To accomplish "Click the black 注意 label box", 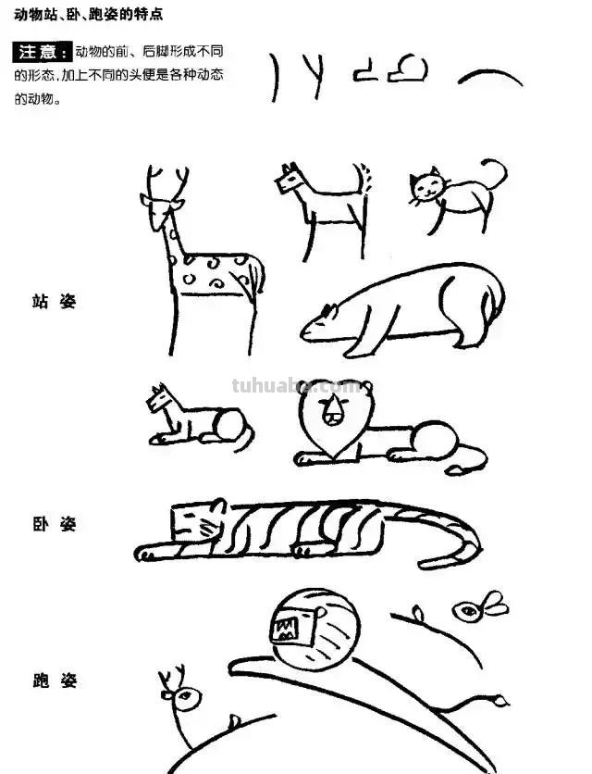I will (42, 51).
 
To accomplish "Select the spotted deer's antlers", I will (167, 181).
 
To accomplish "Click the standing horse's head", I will (290, 179).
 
